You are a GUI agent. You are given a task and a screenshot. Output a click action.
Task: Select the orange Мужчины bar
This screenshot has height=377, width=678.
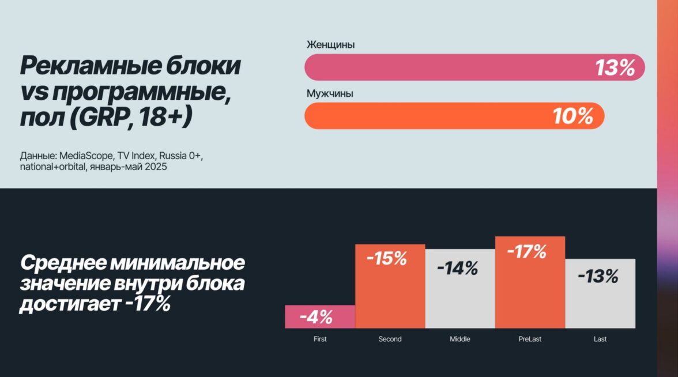pos(427,116)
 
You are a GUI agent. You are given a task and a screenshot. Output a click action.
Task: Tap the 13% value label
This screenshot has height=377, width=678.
pos(615,68)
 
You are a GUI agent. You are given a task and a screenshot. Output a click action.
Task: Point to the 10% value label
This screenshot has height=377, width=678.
pos(573,116)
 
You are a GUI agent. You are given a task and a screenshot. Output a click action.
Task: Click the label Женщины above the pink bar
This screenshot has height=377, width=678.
pos(330,44)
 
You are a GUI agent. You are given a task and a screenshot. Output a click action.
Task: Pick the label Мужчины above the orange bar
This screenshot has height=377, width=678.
pos(330,93)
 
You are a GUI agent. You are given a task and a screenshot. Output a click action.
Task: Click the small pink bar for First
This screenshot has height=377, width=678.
pos(320,316)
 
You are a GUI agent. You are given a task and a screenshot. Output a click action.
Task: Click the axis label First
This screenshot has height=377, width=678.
pos(320,339)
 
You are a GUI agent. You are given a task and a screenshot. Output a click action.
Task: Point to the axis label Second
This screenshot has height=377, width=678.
pos(390,339)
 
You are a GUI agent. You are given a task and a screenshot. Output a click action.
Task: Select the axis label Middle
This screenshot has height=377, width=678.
pos(460,339)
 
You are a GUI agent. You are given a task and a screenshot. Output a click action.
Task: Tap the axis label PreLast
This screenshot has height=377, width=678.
pos(530,339)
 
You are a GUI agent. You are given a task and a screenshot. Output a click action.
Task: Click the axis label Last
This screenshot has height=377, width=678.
pos(600,339)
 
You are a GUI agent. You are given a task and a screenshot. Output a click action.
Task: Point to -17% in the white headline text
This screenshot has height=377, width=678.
pos(148,304)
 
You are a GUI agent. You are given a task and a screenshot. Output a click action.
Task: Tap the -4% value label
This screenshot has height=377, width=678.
pos(316,316)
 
